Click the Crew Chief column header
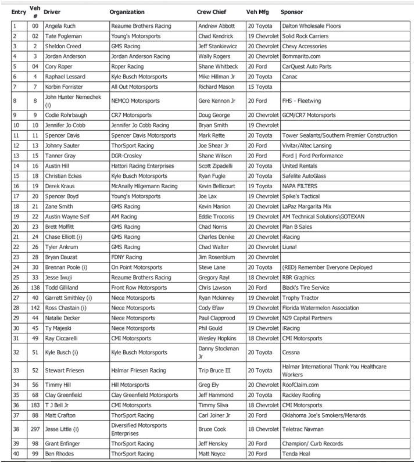212,12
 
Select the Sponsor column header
291,12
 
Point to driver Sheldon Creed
62,46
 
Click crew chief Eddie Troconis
216,217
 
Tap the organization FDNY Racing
126,257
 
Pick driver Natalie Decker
62,318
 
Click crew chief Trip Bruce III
216,370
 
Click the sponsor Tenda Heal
296,453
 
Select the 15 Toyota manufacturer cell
260,87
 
